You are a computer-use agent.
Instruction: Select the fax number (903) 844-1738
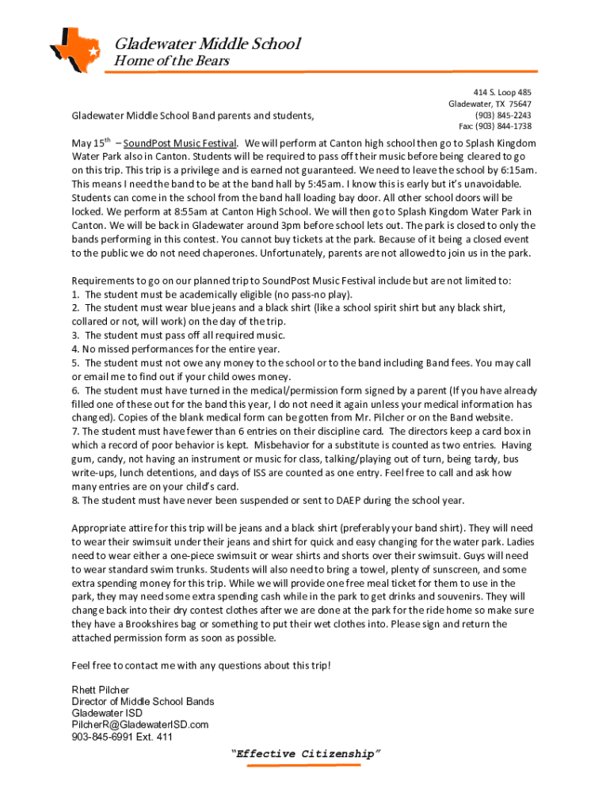point(495,127)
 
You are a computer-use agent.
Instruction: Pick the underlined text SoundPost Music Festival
point(180,143)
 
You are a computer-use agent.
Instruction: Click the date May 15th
point(90,143)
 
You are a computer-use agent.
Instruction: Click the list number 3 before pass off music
point(74,335)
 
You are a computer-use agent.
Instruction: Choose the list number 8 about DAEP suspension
point(74,501)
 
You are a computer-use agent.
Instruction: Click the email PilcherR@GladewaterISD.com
point(139,725)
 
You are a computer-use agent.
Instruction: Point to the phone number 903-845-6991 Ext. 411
point(121,737)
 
